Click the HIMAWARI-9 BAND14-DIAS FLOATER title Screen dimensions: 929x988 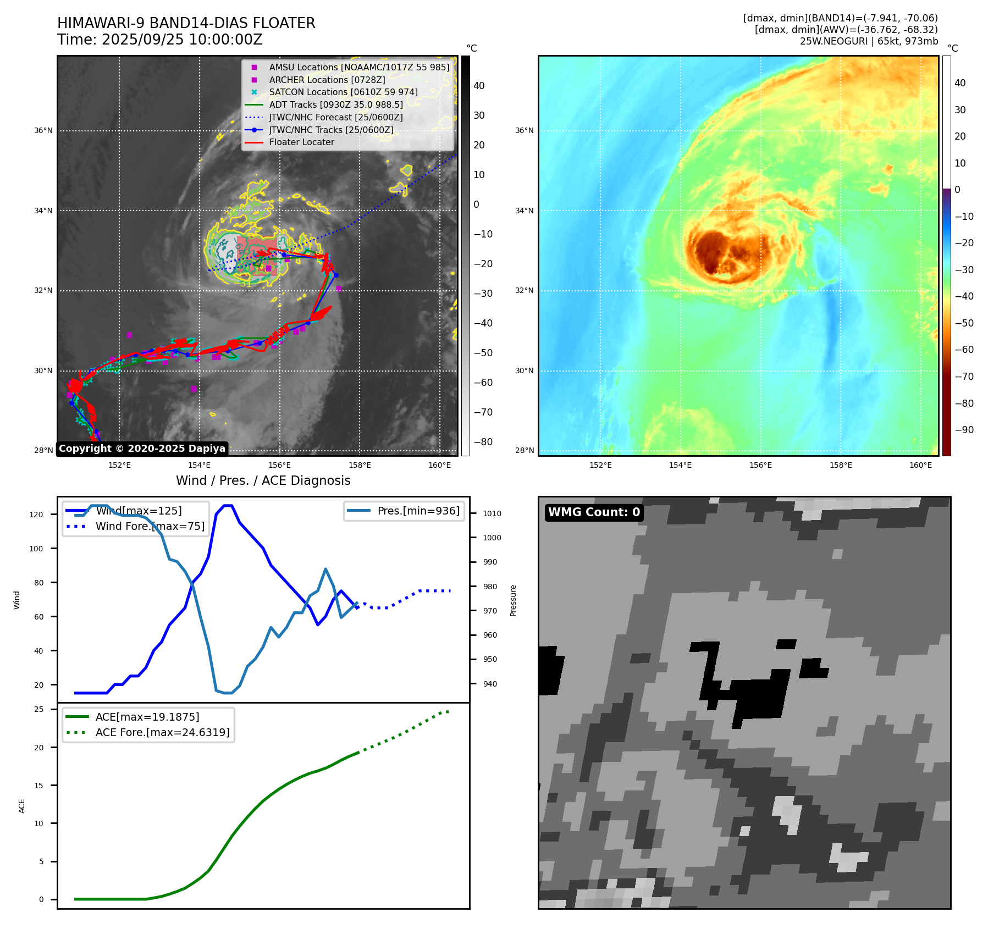(186, 23)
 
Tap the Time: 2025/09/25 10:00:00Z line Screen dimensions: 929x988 (159, 40)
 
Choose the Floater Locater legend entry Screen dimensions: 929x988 (301, 142)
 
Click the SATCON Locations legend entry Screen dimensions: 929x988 (343, 92)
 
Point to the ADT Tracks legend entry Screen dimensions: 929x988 (335, 104)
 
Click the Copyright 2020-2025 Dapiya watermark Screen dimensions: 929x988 (142, 449)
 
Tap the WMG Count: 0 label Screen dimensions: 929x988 (594, 512)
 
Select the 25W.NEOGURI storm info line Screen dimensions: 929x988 (869, 41)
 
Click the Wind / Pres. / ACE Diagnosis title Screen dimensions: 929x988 (263, 480)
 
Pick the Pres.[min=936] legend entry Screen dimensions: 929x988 (418, 511)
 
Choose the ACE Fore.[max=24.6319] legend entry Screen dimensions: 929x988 (162, 732)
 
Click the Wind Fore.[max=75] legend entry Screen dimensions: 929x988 (150, 526)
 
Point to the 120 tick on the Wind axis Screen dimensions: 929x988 (36, 515)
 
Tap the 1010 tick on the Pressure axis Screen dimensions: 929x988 (492, 513)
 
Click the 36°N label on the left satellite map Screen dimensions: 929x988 (43, 131)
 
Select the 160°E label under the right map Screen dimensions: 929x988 (920, 465)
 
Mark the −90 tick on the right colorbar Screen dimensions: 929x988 (964, 430)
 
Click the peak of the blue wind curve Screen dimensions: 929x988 (228, 505)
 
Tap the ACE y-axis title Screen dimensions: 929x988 (22, 806)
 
